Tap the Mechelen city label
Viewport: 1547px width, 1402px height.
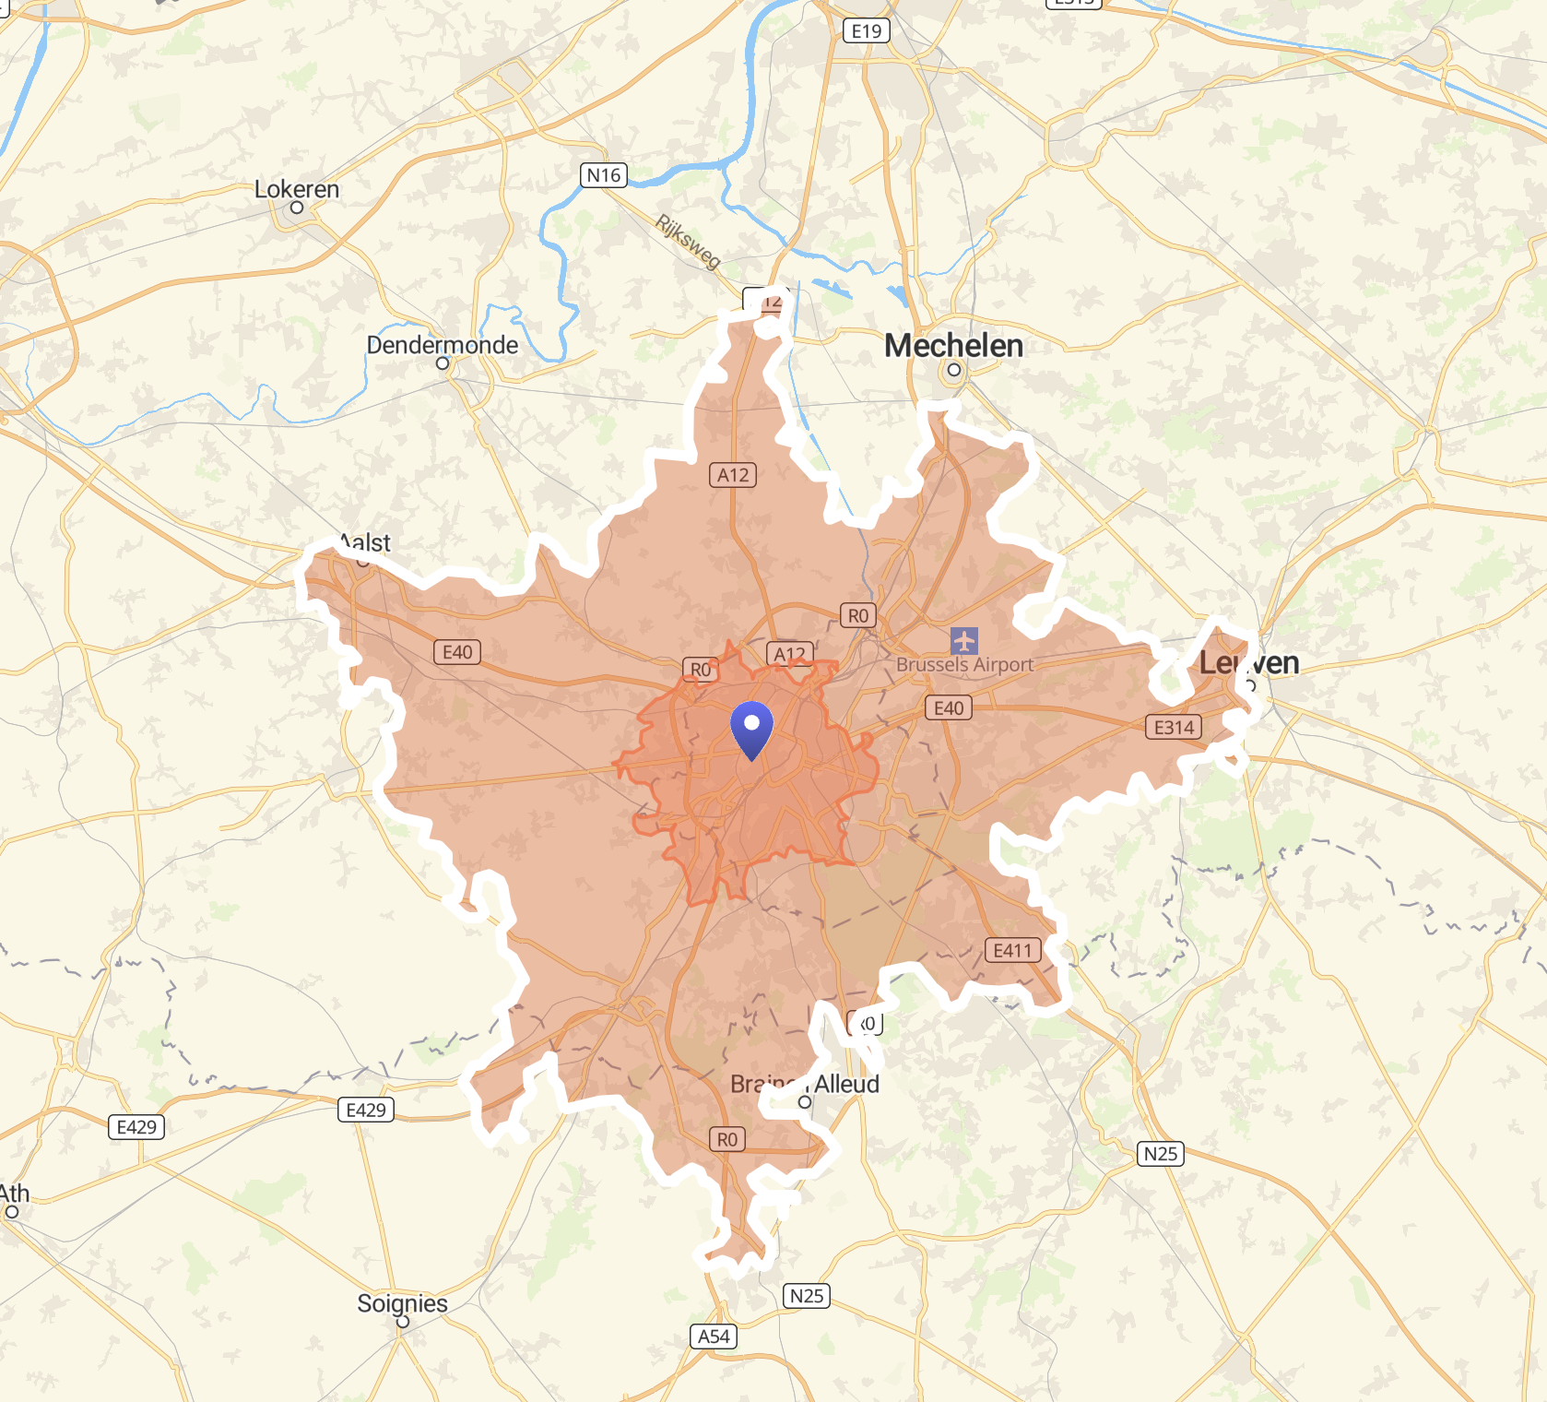click(x=953, y=346)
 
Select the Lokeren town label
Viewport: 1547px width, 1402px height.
click(x=297, y=189)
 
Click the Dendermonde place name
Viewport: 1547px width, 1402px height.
click(x=443, y=345)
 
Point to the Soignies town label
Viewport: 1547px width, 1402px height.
click(x=402, y=1303)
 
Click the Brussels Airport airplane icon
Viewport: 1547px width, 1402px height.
click(x=964, y=640)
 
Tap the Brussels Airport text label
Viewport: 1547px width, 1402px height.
click(x=964, y=664)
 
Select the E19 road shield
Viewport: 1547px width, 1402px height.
click(x=866, y=31)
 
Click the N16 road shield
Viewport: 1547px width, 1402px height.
click(x=604, y=175)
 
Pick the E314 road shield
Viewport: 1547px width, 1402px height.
click(x=1174, y=728)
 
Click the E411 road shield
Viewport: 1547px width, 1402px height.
click(x=1012, y=951)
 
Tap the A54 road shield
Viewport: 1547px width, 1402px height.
click(x=714, y=1337)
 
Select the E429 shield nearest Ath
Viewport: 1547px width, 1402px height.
click(x=136, y=1127)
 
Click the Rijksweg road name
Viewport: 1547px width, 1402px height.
click(x=688, y=242)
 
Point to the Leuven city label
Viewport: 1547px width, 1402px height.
click(x=1248, y=662)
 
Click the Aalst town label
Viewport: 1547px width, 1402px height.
click(x=366, y=543)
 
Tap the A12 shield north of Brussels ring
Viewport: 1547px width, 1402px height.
click(x=733, y=475)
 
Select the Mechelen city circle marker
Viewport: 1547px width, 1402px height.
click(x=954, y=370)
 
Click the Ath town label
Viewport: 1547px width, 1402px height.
click(x=15, y=1194)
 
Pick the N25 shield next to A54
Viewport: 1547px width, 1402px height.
click(x=807, y=1296)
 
